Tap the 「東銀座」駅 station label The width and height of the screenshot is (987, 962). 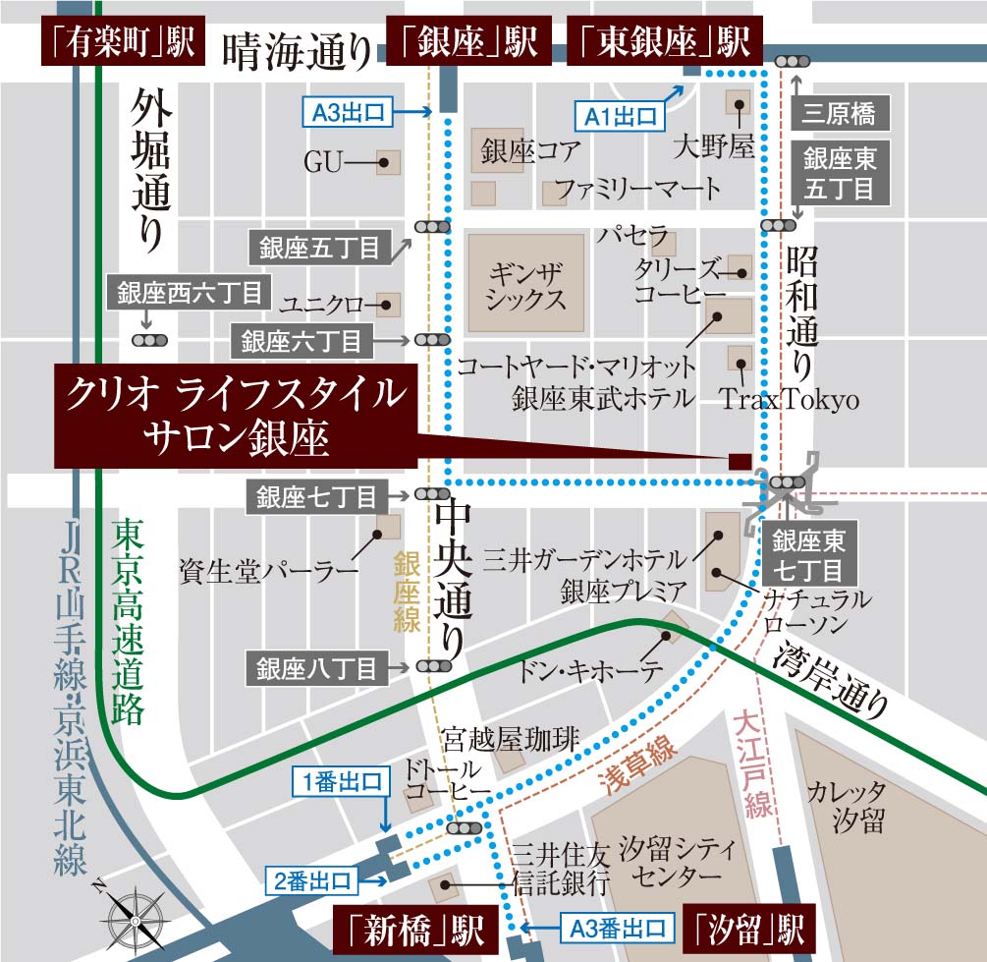tap(665, 42)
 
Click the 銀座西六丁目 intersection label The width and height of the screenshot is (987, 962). tap(190, 293)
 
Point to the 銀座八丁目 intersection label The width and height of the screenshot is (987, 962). tap(316, 669)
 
